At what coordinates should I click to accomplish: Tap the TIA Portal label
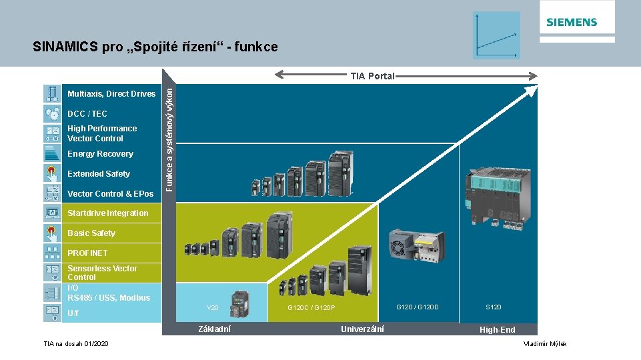pos(373,76)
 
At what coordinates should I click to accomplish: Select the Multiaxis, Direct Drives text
pos(111,94)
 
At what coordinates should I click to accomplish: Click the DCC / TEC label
pos(87,114)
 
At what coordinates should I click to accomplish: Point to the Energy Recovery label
pos(100,154)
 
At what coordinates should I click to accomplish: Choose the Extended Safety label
pos(99,174)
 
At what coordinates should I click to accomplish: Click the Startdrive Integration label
pos(108,213)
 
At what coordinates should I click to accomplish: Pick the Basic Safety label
pos(91,233)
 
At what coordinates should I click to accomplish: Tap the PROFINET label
pos(87,253)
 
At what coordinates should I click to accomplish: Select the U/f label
pos(73,313)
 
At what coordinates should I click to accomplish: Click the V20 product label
pos(213,308)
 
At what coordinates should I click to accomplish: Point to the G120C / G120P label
pos(311,308)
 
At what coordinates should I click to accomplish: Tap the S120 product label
pos(494,307)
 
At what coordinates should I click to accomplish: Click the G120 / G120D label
pos(418,307)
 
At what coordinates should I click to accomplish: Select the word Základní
pos(215,329)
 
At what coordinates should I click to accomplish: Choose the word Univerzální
pos(362,329)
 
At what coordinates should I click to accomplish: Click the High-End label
pos(498,330)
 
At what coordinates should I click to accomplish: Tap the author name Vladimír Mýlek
pos(545,343)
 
